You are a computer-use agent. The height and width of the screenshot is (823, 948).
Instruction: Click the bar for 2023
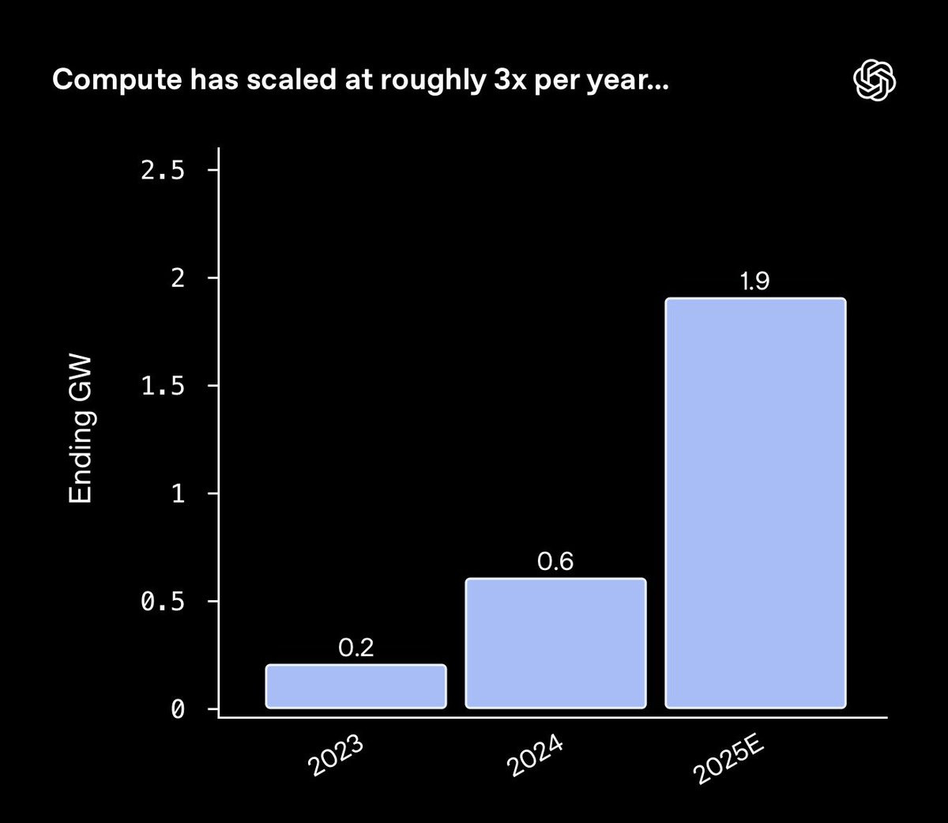(355, 685)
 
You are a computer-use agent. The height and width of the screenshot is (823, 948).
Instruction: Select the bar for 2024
(555, 643)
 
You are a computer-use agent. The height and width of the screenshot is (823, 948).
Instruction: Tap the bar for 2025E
(755, 503)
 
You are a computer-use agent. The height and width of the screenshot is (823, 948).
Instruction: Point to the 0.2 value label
(355, 647)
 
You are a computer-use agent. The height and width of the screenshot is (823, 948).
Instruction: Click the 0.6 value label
(555, 561)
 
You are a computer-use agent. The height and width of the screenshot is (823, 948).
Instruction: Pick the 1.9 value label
(754, 281)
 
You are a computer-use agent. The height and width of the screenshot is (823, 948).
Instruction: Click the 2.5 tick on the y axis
(162, 170)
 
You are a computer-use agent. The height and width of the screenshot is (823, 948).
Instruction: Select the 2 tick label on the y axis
(178, 277)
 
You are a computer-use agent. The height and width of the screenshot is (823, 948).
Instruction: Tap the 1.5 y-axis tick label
(162, 385)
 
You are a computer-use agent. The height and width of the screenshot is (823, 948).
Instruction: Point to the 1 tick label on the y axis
(178, 493)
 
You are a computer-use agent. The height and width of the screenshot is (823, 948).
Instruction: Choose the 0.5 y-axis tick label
(162, 602)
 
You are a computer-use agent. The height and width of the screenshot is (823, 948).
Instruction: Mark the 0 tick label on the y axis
(178, 709)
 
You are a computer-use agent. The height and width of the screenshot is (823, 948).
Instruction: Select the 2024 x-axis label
(535, 756)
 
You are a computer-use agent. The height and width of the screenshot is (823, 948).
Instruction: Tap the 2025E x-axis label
(728, 761)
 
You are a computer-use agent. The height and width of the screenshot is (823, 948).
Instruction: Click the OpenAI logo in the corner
(875, 80)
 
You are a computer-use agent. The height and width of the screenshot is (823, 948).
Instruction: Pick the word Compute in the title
(117, 80)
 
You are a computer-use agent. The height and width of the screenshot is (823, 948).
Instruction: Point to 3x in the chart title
(510, 79)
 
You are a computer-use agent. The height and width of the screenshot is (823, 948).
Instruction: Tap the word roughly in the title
(434, 81)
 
